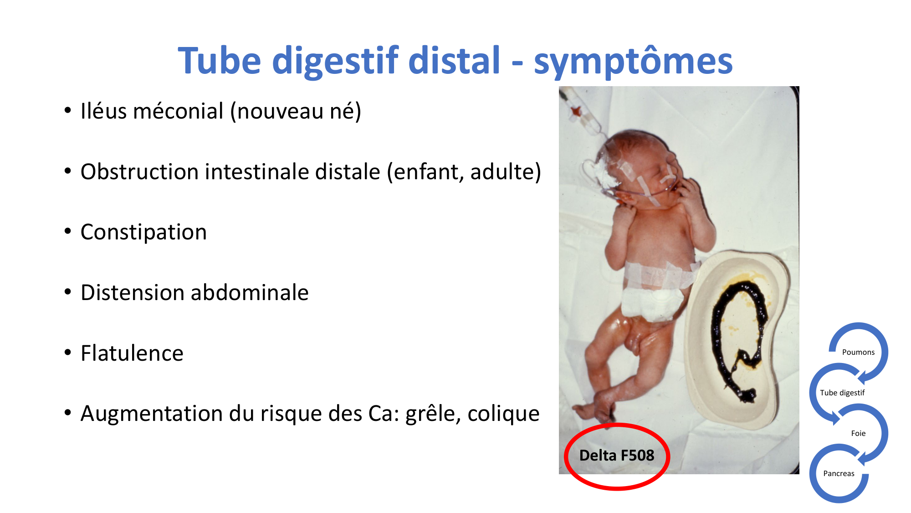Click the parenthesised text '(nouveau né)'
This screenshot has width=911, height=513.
pos(296,112)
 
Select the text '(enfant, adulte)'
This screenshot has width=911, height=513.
pos(464,172)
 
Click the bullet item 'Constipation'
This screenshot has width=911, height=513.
pos(143,233)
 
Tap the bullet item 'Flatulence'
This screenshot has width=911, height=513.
pos(132,353)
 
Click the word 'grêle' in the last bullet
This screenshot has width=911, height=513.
pos(433,414)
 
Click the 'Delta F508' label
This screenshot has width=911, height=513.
pos(617,455)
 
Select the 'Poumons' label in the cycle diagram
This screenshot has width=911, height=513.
pos(858,352)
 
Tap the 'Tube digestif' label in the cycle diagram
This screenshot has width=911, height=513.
pos(842,393)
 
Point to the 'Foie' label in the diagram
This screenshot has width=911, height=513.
pos(858,433)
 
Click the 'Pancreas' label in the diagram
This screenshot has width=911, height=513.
pos(839,473)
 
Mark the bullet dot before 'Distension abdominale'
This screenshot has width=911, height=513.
pos(68,292)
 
